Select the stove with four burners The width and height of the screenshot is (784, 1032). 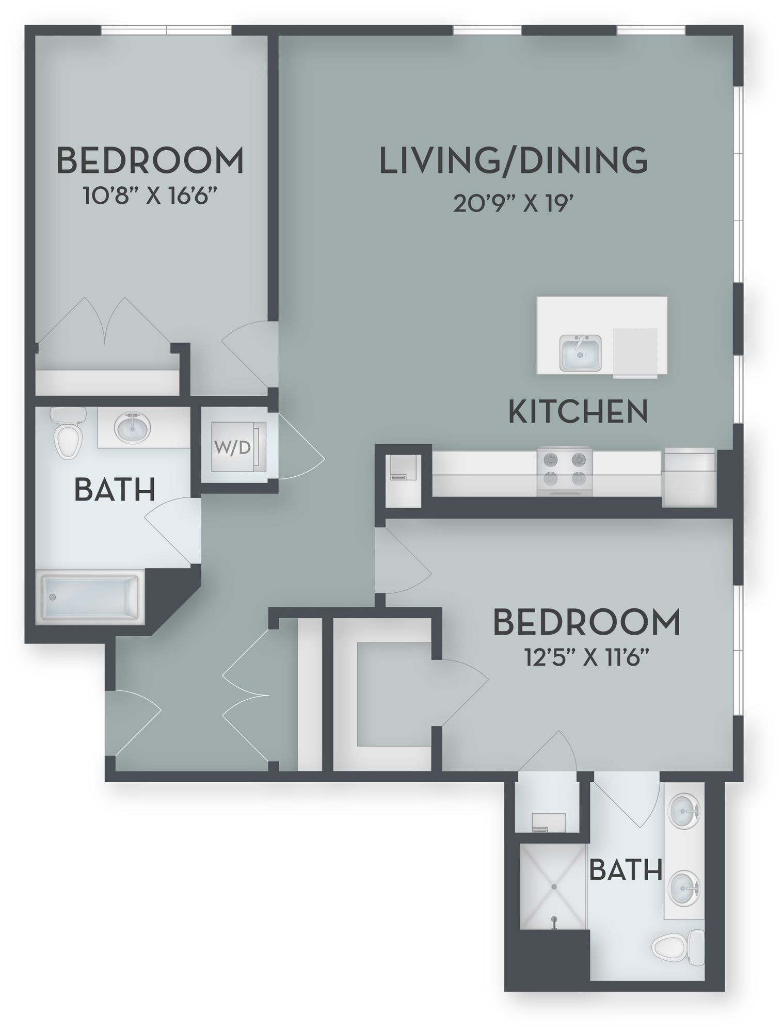(565, 471)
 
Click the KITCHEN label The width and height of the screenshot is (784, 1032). (578, 411)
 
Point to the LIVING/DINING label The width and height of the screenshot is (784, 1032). (514, 160)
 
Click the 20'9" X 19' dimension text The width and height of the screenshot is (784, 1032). (514, 204)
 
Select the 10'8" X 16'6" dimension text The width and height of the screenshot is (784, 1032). (148, 196)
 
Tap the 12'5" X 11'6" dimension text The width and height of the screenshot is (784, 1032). (587, 658)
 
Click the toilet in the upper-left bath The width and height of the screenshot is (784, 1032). (69, 432)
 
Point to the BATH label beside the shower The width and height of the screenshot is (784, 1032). (626, 870)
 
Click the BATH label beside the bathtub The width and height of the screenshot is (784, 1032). (115, 490)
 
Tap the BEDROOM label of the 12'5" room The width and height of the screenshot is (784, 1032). (587, 622)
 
